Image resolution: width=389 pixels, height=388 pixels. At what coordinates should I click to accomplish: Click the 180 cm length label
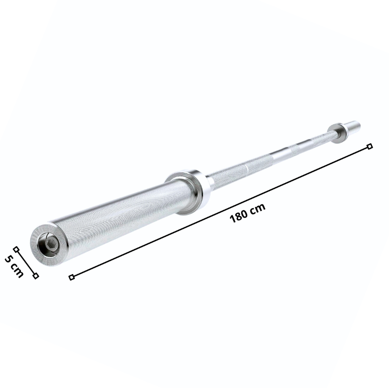point(248,213)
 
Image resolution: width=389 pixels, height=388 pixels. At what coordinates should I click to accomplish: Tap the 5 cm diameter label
point(14,266)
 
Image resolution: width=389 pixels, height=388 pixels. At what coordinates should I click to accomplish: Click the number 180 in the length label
point(238,216)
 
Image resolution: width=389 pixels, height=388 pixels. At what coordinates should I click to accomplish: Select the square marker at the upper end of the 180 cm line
point(370,146)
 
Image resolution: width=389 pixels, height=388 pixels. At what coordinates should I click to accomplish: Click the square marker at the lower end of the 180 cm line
point(71,277)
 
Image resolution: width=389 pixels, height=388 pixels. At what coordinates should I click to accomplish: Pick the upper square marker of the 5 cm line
point(16,249)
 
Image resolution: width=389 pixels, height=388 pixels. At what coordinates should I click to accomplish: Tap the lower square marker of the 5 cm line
point(36,275)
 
